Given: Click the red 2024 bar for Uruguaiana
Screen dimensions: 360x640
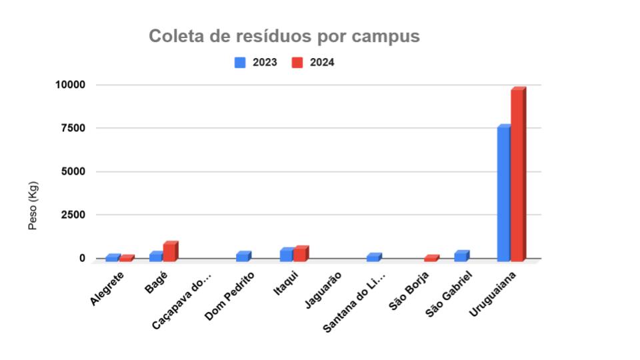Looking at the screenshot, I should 518,173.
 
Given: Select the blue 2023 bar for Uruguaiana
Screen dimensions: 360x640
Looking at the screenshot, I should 503,193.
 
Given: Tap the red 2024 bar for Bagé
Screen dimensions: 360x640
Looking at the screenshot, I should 170,251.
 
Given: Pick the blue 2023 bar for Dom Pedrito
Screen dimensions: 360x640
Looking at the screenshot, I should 243,257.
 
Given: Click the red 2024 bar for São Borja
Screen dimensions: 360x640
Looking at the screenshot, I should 431,258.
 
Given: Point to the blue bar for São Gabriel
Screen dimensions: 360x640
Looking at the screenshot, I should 461,256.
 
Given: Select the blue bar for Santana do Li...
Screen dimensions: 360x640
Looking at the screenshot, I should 373,257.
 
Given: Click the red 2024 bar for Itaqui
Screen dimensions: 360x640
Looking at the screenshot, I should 300,253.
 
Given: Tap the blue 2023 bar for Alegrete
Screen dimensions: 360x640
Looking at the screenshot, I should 112,258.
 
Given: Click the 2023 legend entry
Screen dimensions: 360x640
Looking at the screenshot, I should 257,63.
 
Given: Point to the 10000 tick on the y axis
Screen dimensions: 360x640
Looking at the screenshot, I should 71,85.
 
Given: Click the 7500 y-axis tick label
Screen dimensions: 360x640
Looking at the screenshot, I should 73,128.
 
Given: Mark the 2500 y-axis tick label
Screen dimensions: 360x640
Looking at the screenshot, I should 73,215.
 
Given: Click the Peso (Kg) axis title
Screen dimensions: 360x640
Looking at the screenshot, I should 33,205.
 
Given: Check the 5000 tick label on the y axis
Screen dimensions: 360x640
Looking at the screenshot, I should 73,171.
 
